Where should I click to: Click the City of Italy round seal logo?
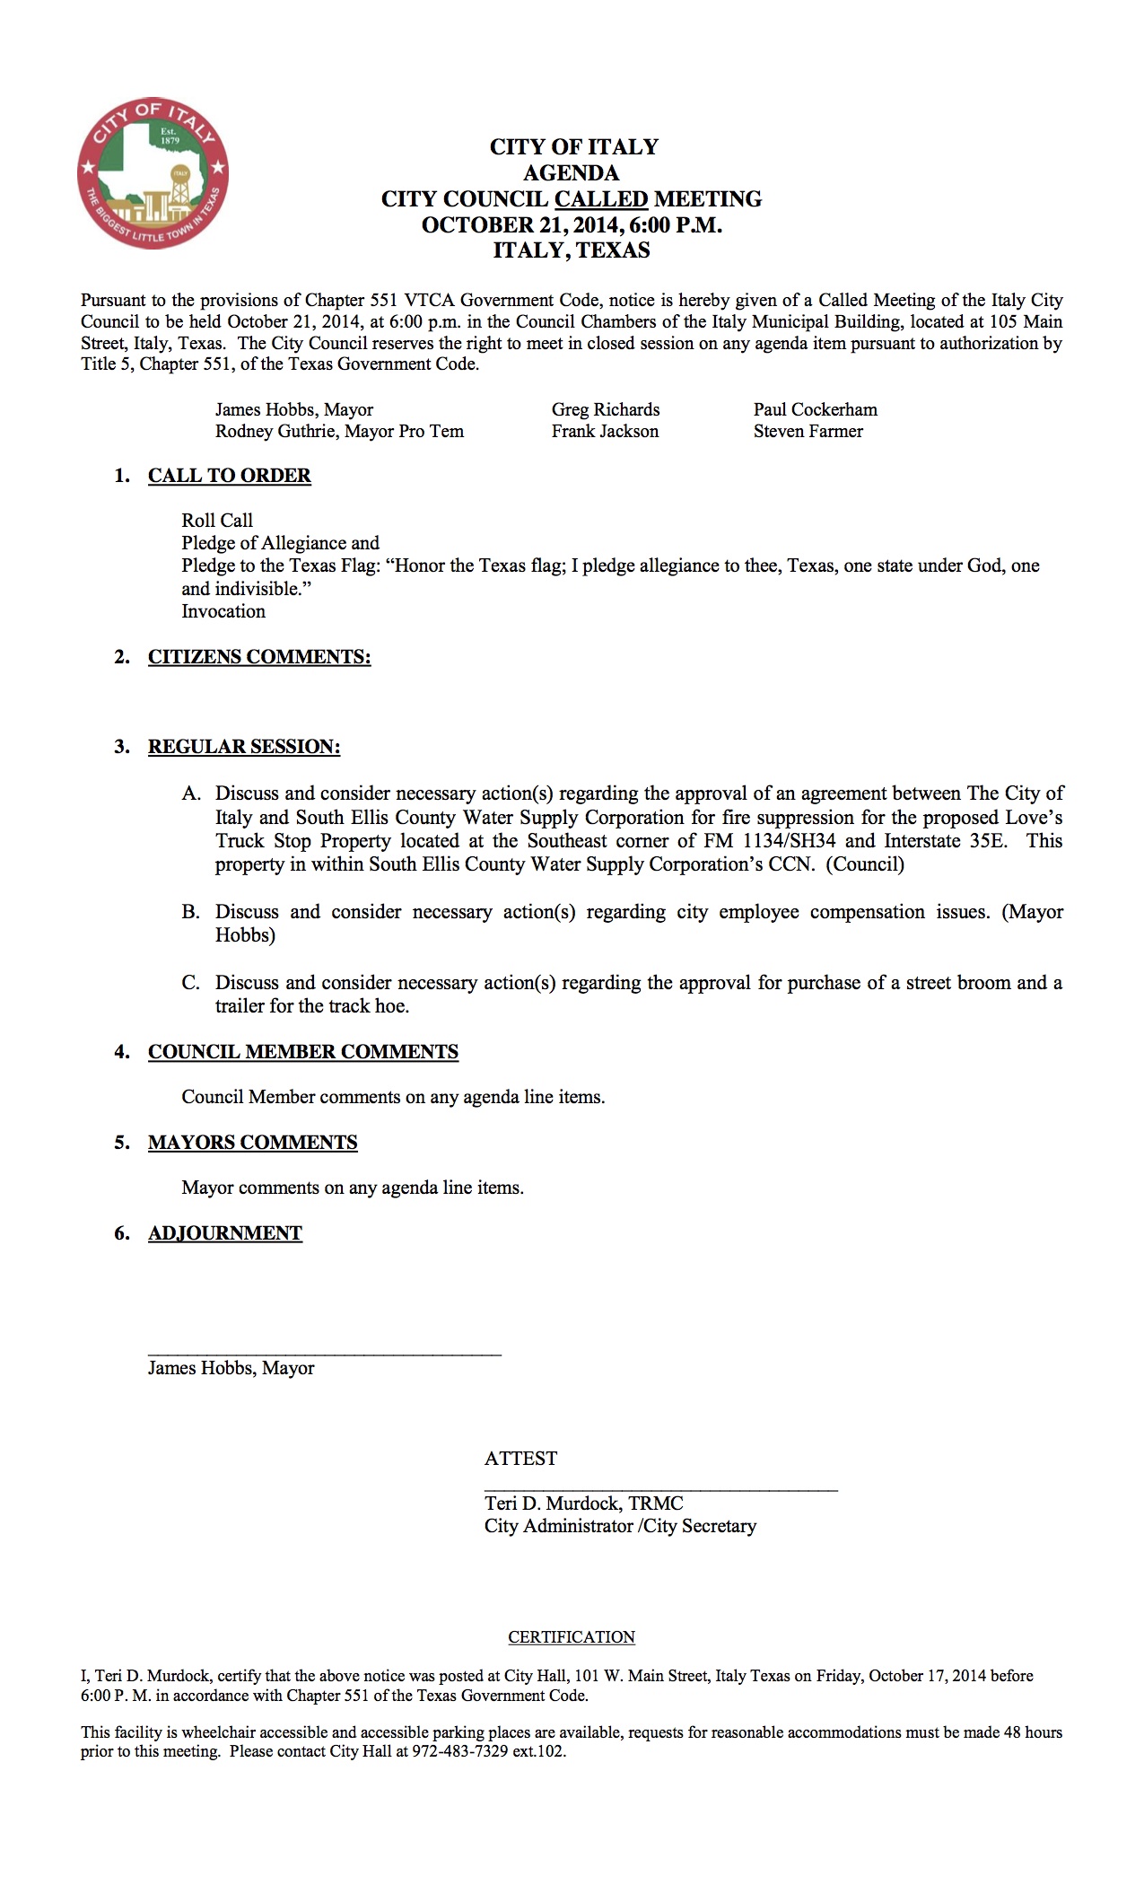click(153, 173)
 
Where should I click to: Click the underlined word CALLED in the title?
click(600, 198)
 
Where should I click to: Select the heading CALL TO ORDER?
click(229, 476)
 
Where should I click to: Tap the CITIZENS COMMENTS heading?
click(259, 657)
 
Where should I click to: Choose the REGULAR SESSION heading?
click(244, 747)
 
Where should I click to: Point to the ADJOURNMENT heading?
click(225, 1233)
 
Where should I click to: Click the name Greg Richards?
click(605, 409)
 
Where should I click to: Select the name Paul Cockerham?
click(815, 409)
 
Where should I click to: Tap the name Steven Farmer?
click(808, 431)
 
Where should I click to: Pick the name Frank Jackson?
click(604, 431)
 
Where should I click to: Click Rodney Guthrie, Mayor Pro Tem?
click(339, 431)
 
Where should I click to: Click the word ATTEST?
click(520, 1459)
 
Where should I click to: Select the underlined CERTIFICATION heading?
click(572, 1637)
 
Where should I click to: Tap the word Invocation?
click(223, 611)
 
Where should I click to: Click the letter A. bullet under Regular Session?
click(190, 793)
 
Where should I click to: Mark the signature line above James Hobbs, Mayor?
click(324, 1352)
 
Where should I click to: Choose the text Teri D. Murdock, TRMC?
click(583, 1504)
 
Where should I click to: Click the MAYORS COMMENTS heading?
click(252, 1143)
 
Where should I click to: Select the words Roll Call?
click(217, 521)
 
